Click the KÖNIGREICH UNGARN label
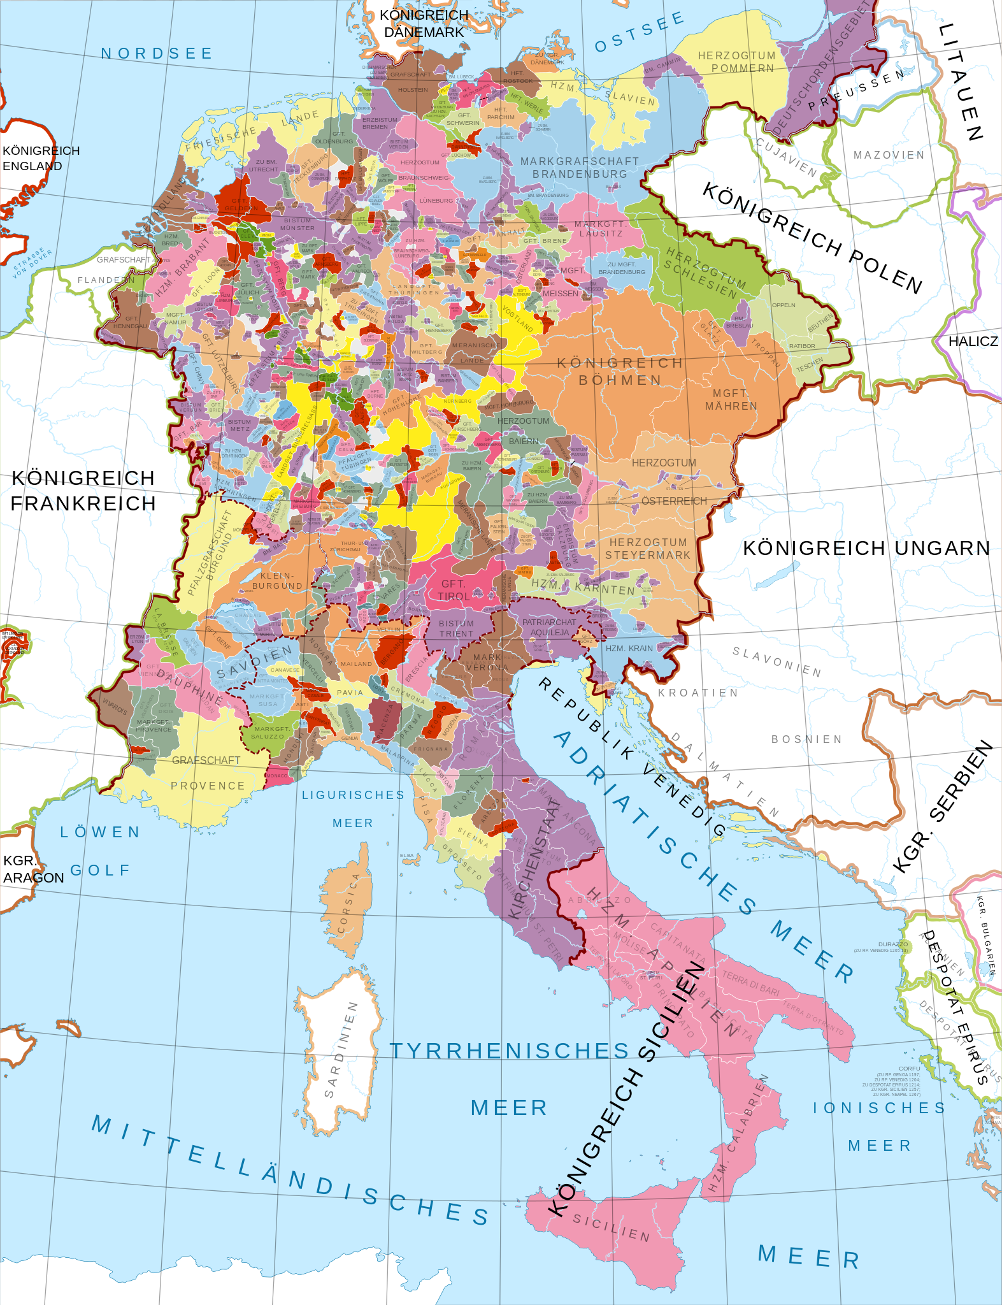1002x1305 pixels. click(x=866, y=548)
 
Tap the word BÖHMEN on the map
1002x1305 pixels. click(x=620, y=380)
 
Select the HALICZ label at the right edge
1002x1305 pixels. click(x=973, y=342)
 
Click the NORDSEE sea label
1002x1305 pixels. click(x=157, y=54)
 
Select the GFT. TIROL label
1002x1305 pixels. click(x=453, y=590)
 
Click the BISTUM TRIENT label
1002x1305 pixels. click(x=456, y=628)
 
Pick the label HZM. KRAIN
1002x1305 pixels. click(x=629, y=648)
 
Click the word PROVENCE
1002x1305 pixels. click(x=208, y=786)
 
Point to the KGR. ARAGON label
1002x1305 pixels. click(x=32, y=869)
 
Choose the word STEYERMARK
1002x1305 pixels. click(x=647, y=555)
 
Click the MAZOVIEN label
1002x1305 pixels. click(x=889, y=155)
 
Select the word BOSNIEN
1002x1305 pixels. click(x=806, y=739)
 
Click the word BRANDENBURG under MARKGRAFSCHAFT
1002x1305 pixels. click(x=579, y=174)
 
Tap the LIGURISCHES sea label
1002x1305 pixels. click(x=353, y=795)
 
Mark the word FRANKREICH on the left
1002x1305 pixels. click(x=83, y=503)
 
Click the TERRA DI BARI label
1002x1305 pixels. click(x=750, y=983)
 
